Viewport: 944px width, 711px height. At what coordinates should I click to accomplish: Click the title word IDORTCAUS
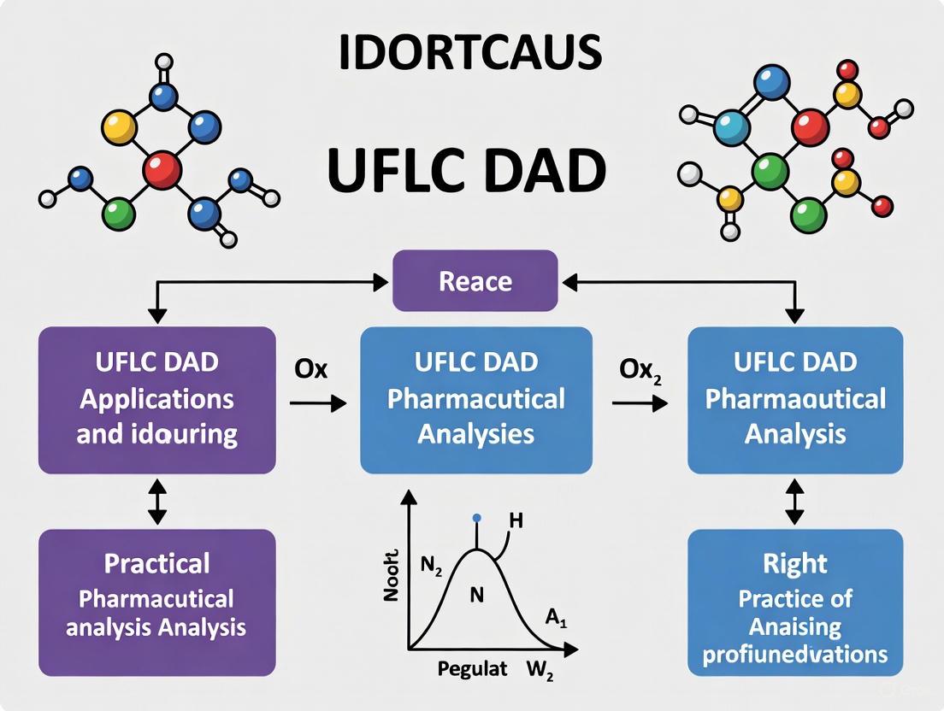click(470, 53)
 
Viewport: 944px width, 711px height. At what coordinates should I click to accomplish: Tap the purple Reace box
click(475, 281)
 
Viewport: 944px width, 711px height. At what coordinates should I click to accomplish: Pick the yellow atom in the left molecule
click(119, 127)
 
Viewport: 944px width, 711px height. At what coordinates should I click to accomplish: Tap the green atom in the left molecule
click(120, 214)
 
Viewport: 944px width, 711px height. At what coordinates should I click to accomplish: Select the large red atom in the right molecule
click(810, 129)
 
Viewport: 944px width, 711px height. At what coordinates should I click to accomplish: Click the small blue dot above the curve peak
click(476, 518)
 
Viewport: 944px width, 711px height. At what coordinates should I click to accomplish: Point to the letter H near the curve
click(516, 520)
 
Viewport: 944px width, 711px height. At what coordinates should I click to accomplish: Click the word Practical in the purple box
click(156, 564)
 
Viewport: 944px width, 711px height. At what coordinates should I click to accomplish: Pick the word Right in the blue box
click(795, 564)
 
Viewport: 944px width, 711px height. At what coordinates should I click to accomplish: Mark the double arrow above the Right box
click(795, 502)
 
